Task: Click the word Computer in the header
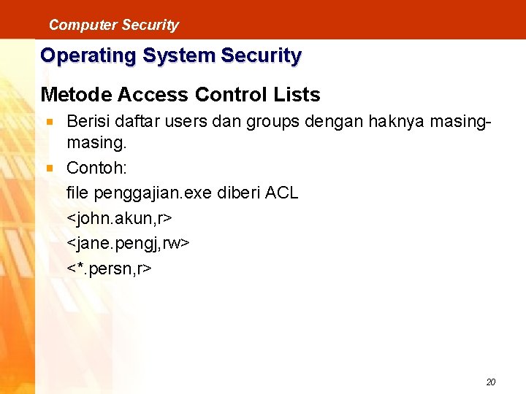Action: click(x=73, y=25)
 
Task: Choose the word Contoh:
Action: click(x=96, y=169)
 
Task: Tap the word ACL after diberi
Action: click(x=281, y=193)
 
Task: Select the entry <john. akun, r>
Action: click(x=119, y=218)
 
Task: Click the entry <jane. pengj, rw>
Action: click(x=128, y=243)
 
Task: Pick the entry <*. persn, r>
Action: click(x=109, y=268)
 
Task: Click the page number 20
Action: click(x=491, y=382)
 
